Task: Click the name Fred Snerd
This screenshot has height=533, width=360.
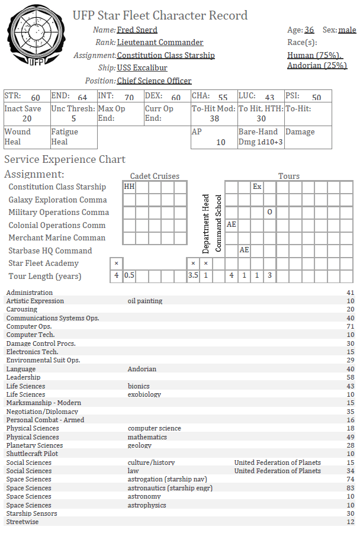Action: point(137,30)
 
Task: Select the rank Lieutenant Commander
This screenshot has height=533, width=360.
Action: point(160,43)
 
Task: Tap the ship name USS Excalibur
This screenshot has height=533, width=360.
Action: point(142,68)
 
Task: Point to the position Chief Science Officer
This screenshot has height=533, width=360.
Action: point(154,81)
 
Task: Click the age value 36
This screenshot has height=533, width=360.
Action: point(309,30)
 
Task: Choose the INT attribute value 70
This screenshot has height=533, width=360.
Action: point(129,98)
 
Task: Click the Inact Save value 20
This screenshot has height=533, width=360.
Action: point(27,118)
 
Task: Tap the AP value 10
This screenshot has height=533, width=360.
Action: point(221,142)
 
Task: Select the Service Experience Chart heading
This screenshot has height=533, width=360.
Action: point(65,159)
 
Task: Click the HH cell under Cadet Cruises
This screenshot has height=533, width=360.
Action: point(129,187)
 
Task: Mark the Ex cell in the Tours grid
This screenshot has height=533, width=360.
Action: point(257,187)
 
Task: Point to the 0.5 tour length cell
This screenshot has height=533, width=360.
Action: point(129,275)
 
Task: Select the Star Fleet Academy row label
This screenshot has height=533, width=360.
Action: point(43,263)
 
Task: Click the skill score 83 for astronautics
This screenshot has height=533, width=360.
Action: point(349,488)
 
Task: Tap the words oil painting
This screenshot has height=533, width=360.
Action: point(145,301)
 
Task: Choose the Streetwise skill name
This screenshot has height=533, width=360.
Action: point(23,522)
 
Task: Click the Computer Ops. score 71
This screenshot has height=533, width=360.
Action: point(349,326)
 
